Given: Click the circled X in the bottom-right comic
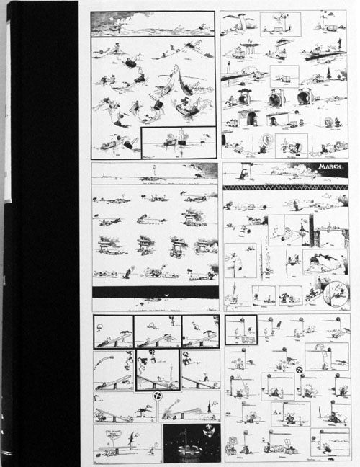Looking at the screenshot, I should tap(299, 370).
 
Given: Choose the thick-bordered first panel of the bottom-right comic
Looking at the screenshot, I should tap(240, 329).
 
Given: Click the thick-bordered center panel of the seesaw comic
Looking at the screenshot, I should tap(157, 369).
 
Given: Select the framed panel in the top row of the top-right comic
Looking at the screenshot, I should tap(270, 22).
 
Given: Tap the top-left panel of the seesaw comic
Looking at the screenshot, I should tap(114, 331).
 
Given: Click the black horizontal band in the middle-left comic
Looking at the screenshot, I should tap(154, 292).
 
